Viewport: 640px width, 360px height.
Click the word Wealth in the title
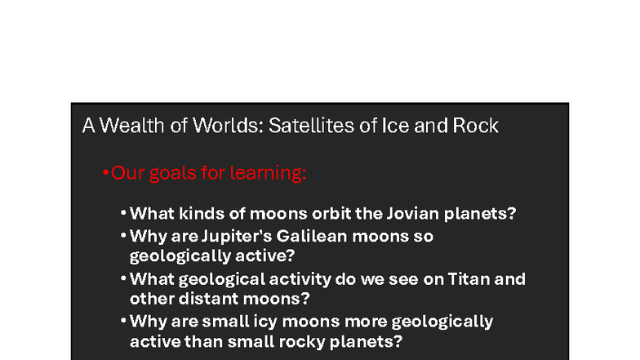click(126, 127)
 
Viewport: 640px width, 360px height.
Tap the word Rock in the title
click(475, 127)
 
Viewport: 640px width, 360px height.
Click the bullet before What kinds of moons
click(122, 214)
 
